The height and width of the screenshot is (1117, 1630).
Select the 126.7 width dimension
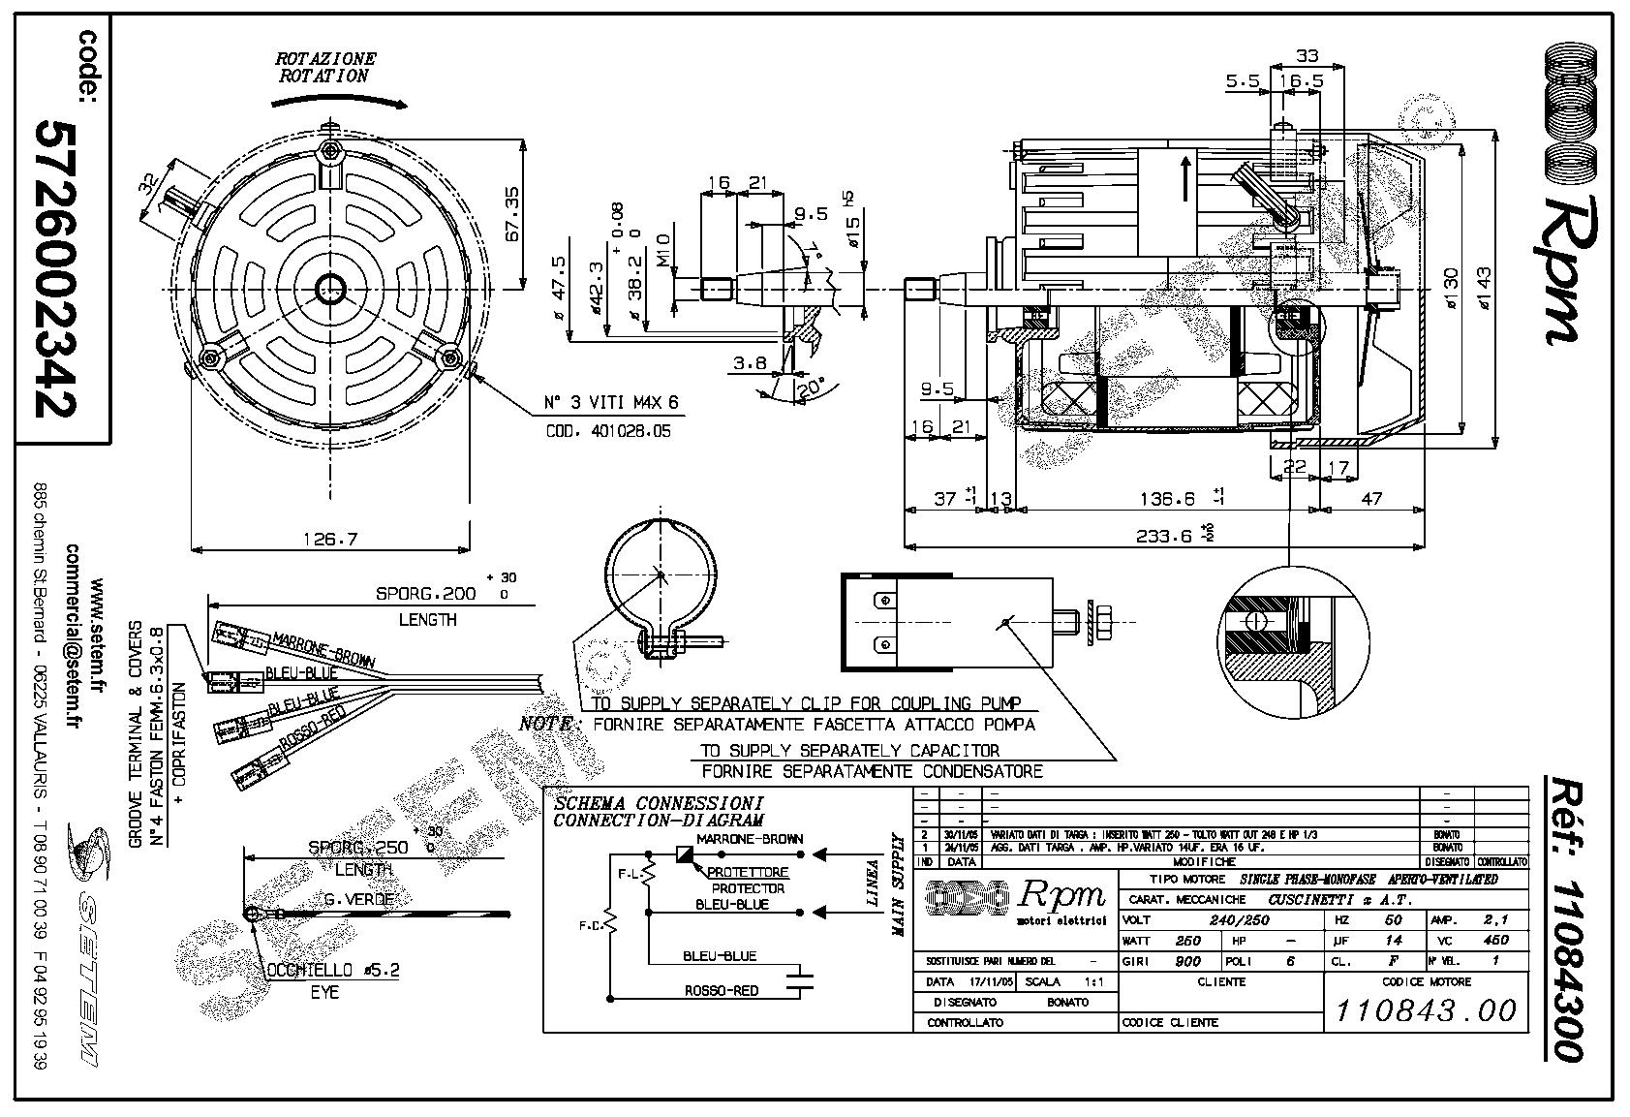tap(330, 539)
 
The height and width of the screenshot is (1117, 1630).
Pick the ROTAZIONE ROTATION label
tap(325, 67)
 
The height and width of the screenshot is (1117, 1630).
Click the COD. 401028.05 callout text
tap(602, 431)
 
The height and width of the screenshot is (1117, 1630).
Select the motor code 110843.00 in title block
tap(1426, 1010)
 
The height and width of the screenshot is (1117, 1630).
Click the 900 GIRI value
tap(1186, 961)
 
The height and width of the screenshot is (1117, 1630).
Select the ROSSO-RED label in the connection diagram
tap(721, 991)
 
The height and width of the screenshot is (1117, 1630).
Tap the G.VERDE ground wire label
tap(359, 899)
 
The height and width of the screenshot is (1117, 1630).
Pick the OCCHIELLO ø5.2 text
tap(346, 969)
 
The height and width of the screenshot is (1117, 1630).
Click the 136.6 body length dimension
tap(1167, 499)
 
